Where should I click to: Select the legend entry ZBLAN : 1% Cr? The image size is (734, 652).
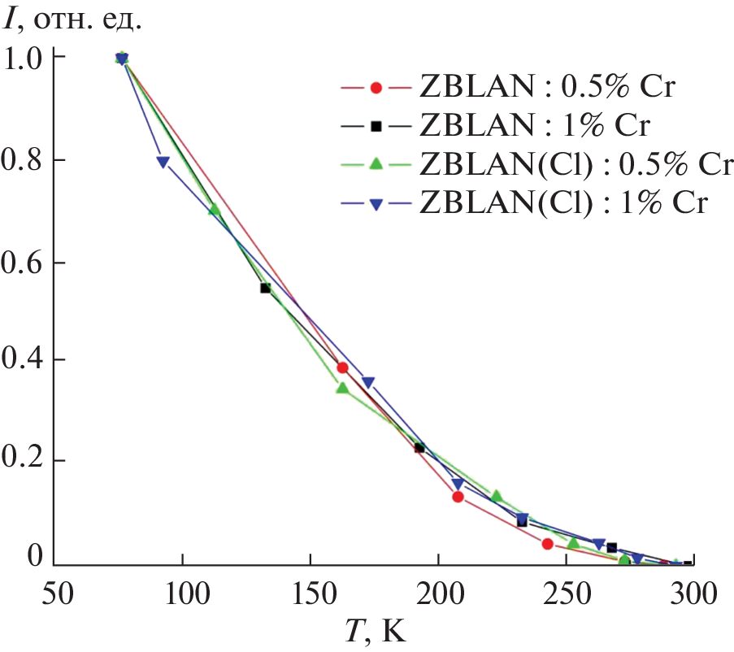(x=532, y=126)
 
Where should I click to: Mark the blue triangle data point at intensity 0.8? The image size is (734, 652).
(x=163, y=163)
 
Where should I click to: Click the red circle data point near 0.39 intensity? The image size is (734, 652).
(x=342, y=367)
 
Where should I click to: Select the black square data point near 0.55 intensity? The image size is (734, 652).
(x=265, y=288)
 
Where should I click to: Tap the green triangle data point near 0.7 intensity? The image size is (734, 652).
(x=215, y=209)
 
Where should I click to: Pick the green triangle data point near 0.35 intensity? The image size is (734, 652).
(x=342, y=388)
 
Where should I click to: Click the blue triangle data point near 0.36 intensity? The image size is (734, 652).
(x=368, y=382)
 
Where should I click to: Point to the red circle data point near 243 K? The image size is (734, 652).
(x=547, y=544)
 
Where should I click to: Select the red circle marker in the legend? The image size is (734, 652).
(x=376, y=87)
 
